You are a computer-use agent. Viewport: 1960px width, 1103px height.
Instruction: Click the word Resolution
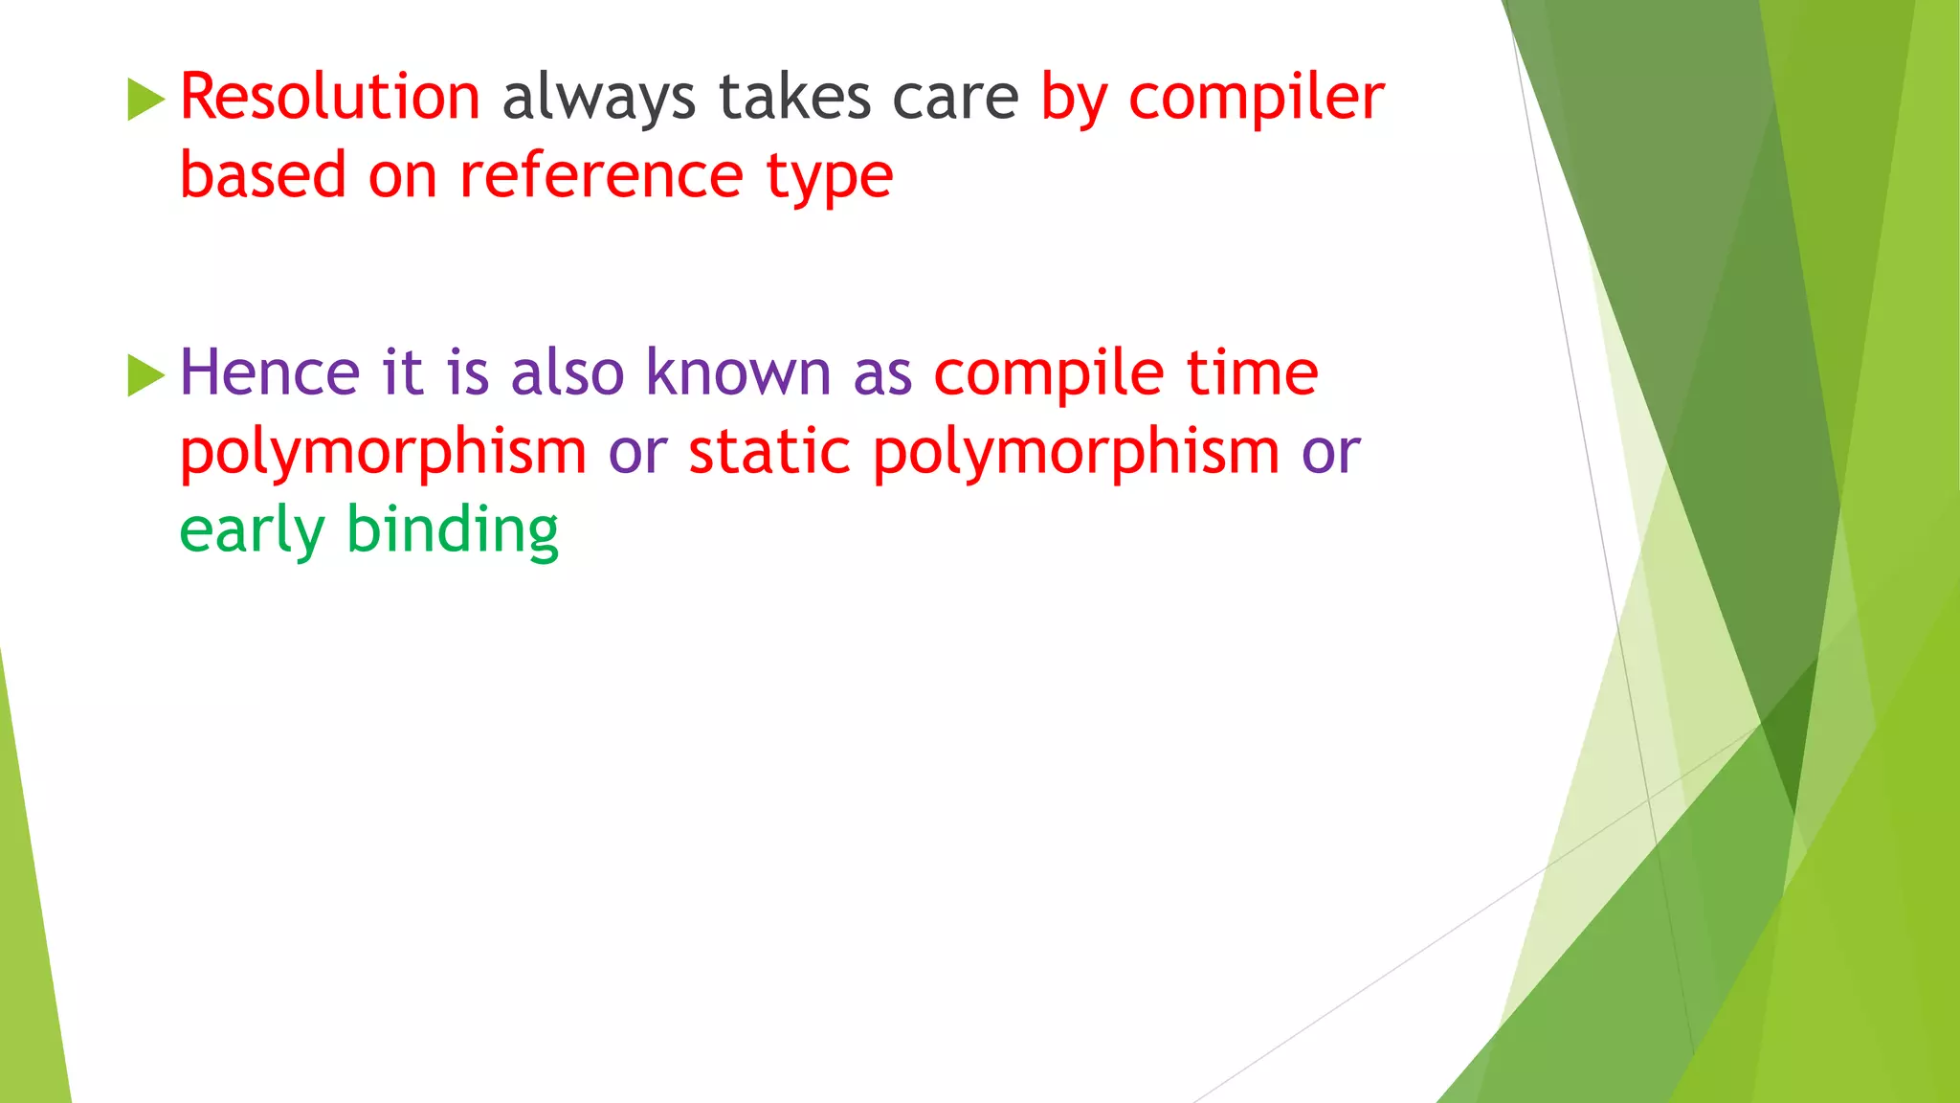tap(329, 98)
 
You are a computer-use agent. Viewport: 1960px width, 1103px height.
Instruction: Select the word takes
tap(794, 98)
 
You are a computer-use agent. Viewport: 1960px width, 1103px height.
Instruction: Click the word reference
tap(601, 177)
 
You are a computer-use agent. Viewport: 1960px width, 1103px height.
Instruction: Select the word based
tap(262, 175)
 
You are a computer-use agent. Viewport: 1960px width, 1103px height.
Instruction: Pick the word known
tap(738, 372)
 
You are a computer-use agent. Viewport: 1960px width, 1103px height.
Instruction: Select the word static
tap(768, 452)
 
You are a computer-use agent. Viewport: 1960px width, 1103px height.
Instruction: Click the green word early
tap(252, 531)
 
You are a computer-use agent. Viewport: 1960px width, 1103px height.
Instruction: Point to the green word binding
tap(452, 531)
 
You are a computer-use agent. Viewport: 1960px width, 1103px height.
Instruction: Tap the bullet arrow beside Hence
tap(145, 375)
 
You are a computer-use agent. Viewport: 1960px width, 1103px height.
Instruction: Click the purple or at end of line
tap(1330, 452)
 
